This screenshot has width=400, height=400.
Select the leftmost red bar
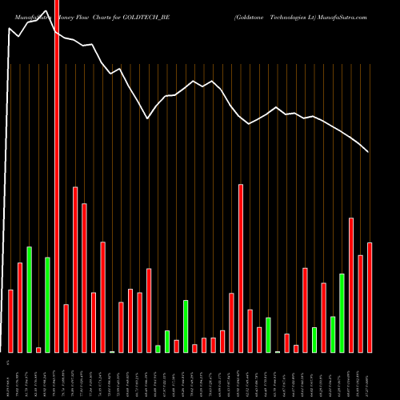pos(11,321)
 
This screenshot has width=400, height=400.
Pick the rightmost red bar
pos(370,297)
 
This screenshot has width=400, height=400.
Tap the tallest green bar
pos(30,299)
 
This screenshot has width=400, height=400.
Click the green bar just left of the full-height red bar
pos(47,305)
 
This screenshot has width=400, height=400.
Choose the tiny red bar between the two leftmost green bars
pos(38,350)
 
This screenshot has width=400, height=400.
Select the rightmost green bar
pos(342,313)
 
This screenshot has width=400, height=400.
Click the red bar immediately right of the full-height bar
pos(66,328)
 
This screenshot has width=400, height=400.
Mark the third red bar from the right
pos(351,285)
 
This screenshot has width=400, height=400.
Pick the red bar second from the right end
pos(360,303)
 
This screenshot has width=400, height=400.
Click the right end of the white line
pos(368,152)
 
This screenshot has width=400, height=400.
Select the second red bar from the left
pos(20,307)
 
